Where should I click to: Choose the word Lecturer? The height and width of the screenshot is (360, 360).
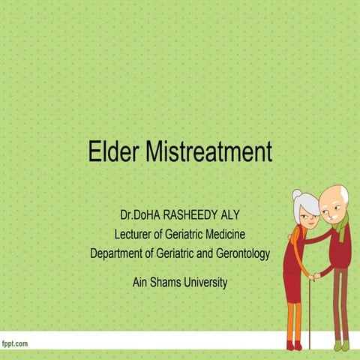[139, 235]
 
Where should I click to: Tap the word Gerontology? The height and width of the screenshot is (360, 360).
[237, 253]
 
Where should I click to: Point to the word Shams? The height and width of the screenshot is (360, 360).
[168, 282]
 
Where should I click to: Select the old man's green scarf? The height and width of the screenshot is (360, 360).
[341, 226]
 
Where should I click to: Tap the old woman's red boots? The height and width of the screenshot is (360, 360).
[292, 345]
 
